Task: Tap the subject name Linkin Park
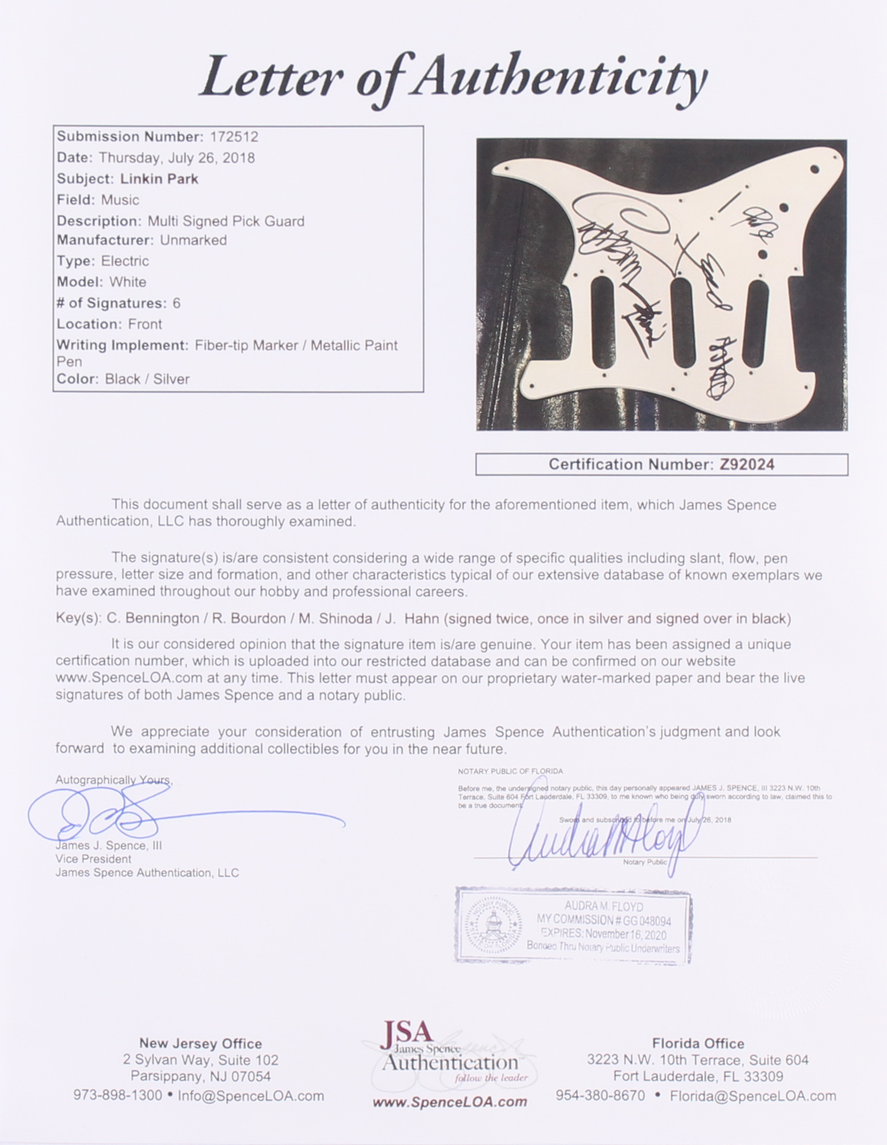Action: (x=159, y=179)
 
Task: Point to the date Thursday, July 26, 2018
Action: (x=177, y=158)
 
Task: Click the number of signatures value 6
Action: (x=177, y=303)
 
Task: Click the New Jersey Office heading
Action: (x=201, y=1044)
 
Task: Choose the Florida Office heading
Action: (x=698, y=1044)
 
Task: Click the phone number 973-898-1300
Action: (x=118, y=1096)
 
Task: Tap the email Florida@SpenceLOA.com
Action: (x=753, y=1096)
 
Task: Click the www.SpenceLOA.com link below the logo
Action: (x=450, y=1101)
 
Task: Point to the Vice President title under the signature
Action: (x=93, y=859)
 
